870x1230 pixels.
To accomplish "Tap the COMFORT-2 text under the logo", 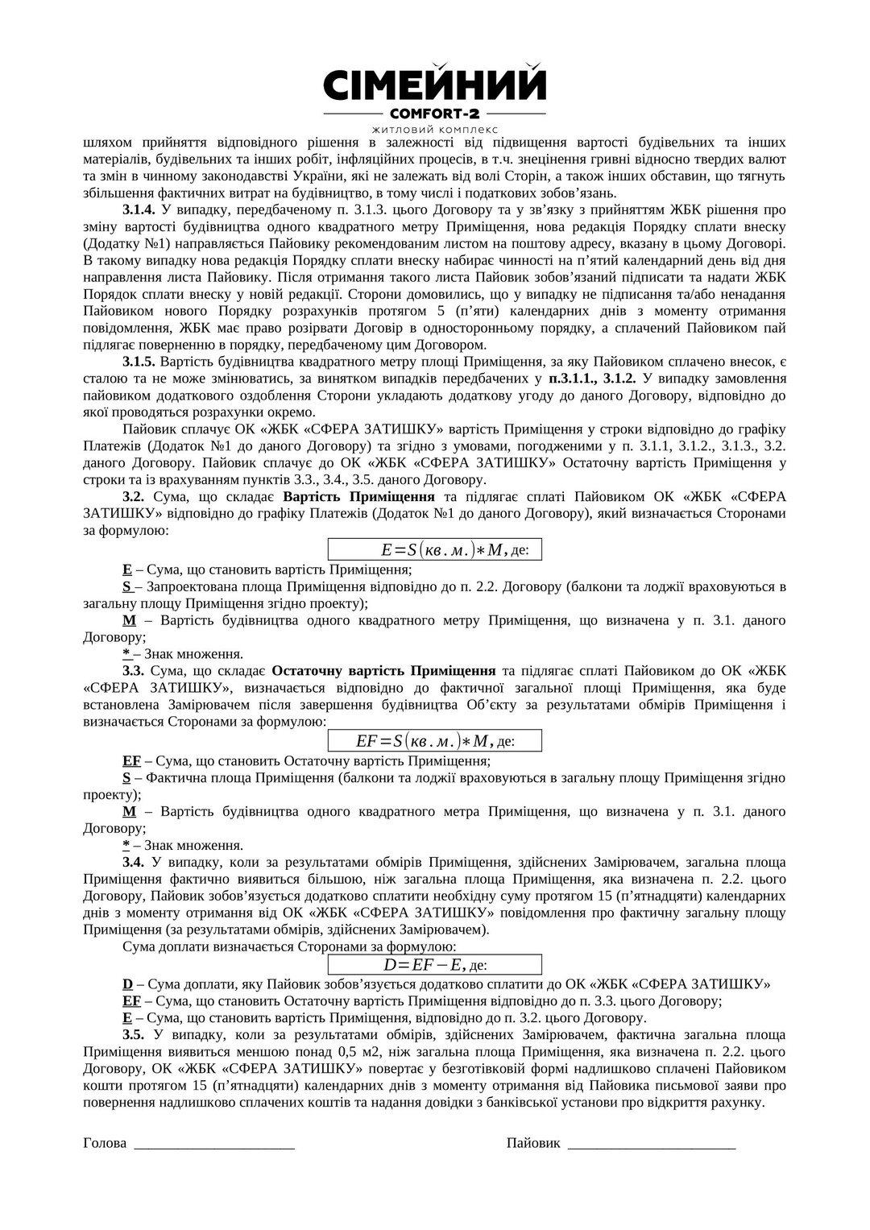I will (x=434, y=114).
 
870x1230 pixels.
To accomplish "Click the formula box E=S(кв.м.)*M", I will (x=434, y=549).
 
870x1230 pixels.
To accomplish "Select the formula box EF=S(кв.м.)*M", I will (x=434, y=740).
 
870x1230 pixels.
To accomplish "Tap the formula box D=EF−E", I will (x=434, y=964).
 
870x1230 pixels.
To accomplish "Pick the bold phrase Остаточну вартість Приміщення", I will (x=383, y=670).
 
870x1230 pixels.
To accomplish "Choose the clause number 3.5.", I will (x=134, y=1035).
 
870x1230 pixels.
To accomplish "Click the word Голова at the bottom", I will (x=105, y=1143).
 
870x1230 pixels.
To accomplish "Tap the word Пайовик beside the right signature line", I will (x=533, y=1143).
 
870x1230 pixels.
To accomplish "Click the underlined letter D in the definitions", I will (x=127, y=984).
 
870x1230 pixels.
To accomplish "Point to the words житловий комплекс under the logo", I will (x=434, y=129).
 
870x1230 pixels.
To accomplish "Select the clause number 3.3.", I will (x=134, y=670).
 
